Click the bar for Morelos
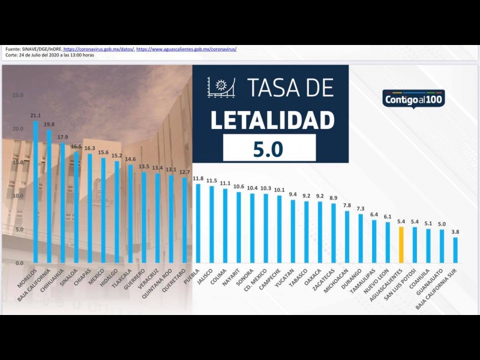(35, 192)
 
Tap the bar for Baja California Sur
(455, 250)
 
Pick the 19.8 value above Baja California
(49, 125)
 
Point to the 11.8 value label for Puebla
(197, 178)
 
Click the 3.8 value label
(455, 232)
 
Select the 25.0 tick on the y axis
(18, 95)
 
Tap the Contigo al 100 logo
(413, 98)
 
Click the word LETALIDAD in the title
(272, 120)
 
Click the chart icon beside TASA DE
(221, 88)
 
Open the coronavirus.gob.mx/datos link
(98, 49)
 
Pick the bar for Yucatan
(293, 231)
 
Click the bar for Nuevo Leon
(387, 242)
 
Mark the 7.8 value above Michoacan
(347, 205)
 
